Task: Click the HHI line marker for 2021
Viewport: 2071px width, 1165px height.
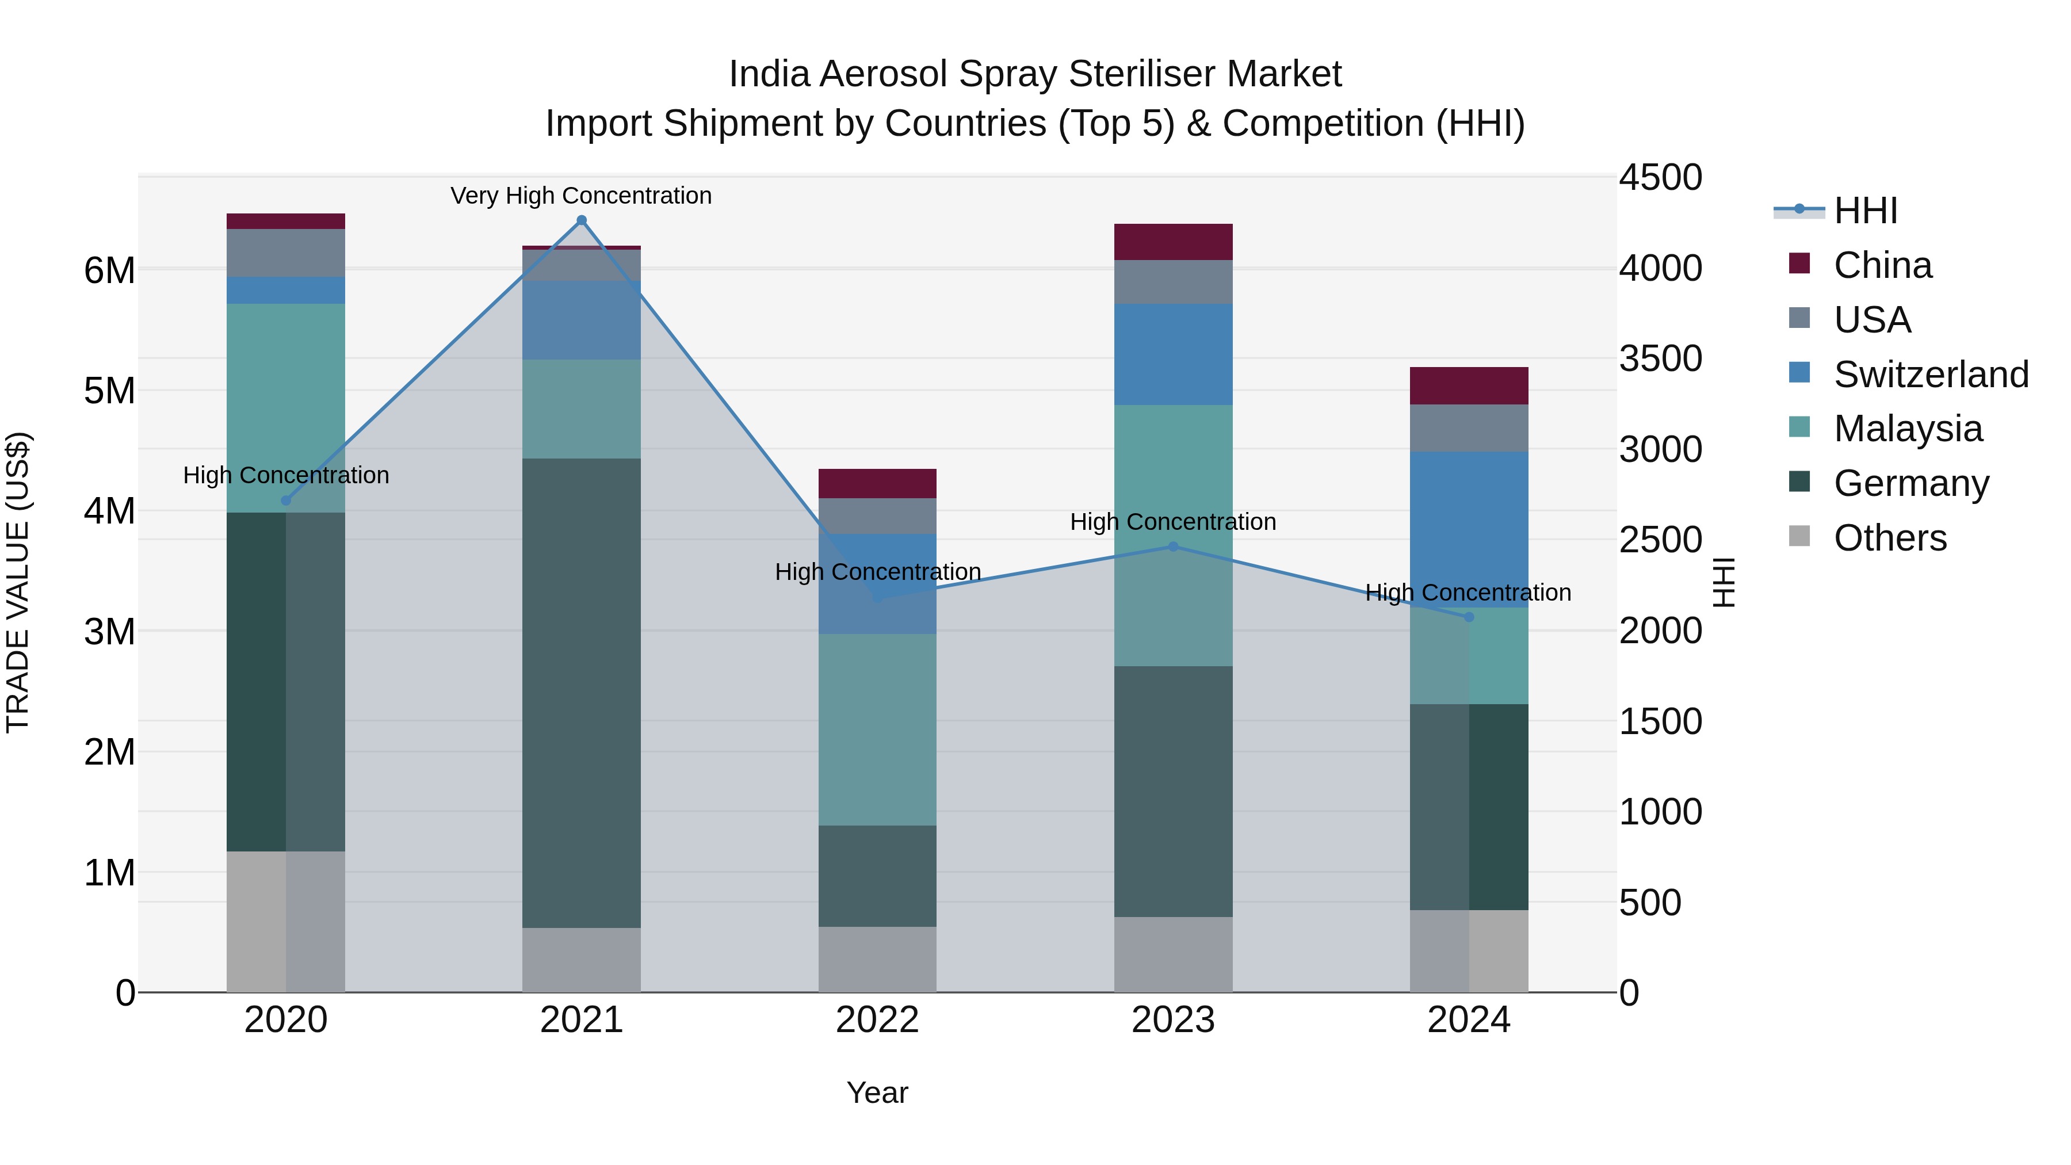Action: (581, 220)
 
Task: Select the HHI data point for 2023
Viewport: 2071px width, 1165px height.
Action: (1173, 547)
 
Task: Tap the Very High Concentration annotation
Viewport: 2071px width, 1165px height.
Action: (580, 196)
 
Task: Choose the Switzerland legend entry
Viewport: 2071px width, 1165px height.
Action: (1930, 375)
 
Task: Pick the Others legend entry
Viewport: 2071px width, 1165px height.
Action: (1889, 538)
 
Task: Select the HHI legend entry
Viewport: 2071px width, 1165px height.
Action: (1865, 211)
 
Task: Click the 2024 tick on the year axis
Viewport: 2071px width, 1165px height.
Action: (1468, 1020)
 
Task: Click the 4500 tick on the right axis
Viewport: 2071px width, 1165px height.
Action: (1660, 178)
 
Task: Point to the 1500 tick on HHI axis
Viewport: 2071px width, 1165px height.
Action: (1660, 721)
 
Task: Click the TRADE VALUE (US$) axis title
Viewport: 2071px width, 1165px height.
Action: (18, 582)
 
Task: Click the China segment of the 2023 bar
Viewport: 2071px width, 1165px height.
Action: (1173, 242)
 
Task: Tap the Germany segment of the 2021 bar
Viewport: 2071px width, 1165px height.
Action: (581, 692)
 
